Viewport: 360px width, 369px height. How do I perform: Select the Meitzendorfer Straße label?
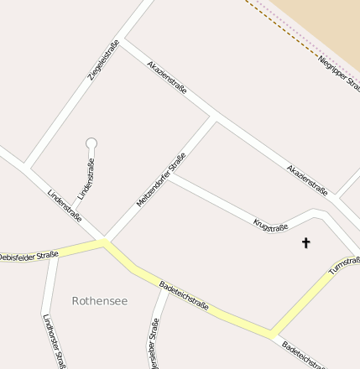(160, 179)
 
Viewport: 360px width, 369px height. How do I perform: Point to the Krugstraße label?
(270, 224)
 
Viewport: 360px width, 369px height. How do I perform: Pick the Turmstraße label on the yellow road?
(344, 266)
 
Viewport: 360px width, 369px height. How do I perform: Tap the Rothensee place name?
(100, 300)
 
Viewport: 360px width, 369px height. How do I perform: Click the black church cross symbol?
(305, 243)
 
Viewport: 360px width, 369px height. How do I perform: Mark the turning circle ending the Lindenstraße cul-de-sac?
(91, 143)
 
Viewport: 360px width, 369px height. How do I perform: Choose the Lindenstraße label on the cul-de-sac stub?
(86, 178)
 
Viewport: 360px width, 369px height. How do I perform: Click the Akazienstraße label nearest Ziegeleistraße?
(167, 76)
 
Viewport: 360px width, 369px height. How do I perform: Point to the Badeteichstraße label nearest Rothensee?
(184, 295)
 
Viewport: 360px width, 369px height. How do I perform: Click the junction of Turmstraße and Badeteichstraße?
(271, 332)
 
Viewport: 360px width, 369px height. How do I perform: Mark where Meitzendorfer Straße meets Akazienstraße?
(216, 118)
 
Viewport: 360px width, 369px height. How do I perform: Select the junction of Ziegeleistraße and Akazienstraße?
(121, 42)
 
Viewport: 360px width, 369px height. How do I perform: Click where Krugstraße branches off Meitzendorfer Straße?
(170, 174)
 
